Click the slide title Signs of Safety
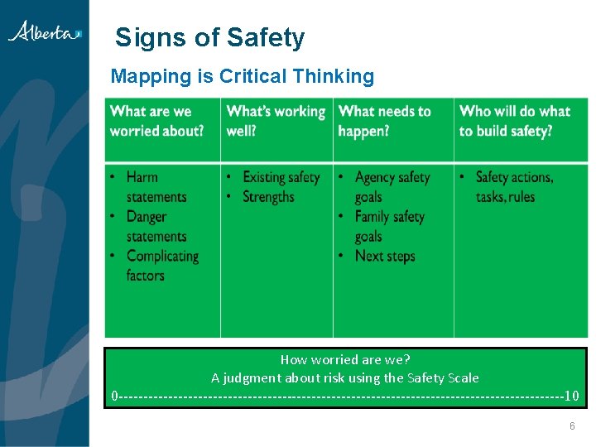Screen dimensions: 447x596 pos(209,37)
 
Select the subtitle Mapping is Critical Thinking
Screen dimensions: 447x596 pos(242,77)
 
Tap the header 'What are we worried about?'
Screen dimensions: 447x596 pos(156,121)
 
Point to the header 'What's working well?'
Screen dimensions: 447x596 pos(276,121)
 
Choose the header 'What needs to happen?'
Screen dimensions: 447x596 pos(385,121)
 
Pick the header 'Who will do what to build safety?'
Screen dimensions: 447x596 pos(514,121)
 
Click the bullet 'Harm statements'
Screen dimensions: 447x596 pos(156,187)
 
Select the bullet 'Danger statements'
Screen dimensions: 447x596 pos(156,227)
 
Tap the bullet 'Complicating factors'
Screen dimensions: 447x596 pos(161,266)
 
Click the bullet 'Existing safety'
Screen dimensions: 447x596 pos(281,177)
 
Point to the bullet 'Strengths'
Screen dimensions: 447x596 pos(268,197)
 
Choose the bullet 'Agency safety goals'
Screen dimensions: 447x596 pos(392,187)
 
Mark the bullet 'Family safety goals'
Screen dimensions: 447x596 pos(389,227)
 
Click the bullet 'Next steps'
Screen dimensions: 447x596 pos(384,256)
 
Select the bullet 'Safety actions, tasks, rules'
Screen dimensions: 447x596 pos(513,187)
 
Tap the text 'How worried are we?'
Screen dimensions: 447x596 pos(345,359)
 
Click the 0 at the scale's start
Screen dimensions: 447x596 pos(115,397)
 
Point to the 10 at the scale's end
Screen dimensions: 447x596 pos(571,397)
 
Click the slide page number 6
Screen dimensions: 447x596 pos(571,426)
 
